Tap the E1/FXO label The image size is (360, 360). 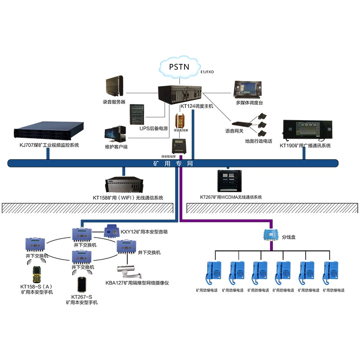[207, 72]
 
